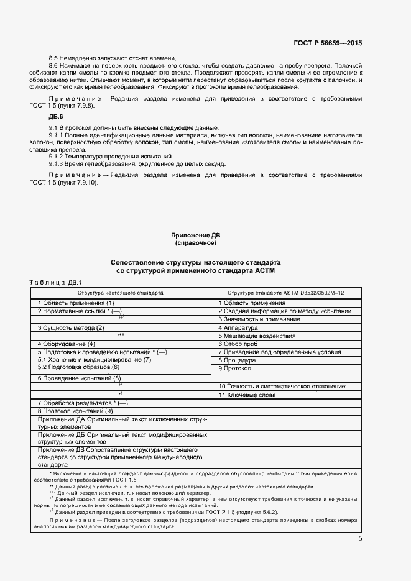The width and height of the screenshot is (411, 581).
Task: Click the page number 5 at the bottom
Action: (x=360, y=538)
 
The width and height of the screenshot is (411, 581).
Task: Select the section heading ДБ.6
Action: (x=56, y=116)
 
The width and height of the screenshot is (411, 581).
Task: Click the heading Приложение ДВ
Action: (x=195, y=235)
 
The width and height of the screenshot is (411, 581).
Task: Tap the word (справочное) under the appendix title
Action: (x=195, y=243)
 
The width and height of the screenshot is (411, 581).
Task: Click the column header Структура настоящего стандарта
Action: (x=121, y=292)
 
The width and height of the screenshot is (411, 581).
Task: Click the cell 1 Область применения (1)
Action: (x=76, y=303)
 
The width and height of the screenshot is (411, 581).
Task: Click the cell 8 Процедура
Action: (x=237, y=360)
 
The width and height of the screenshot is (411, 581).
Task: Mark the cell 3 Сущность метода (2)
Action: (x=71, y=327)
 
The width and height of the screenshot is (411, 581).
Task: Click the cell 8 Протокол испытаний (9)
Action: (x=75, y=411)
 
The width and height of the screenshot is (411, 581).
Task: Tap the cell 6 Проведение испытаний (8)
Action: (x=79, y=378)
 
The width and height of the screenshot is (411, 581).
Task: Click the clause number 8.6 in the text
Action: (x=53, y=65)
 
